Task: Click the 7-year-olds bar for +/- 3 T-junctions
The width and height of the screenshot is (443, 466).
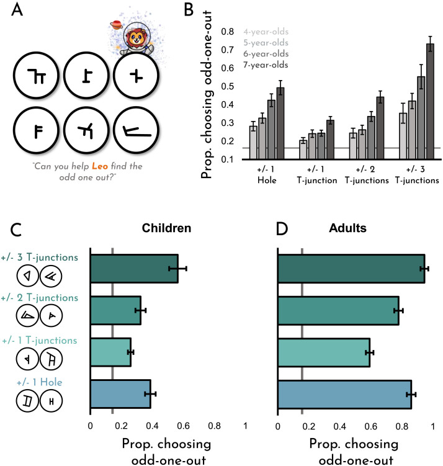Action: tap(430, 101)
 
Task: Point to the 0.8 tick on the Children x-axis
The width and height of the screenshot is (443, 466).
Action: tap(215, 426)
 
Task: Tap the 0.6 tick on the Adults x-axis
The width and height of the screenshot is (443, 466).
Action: tap(371, 426)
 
